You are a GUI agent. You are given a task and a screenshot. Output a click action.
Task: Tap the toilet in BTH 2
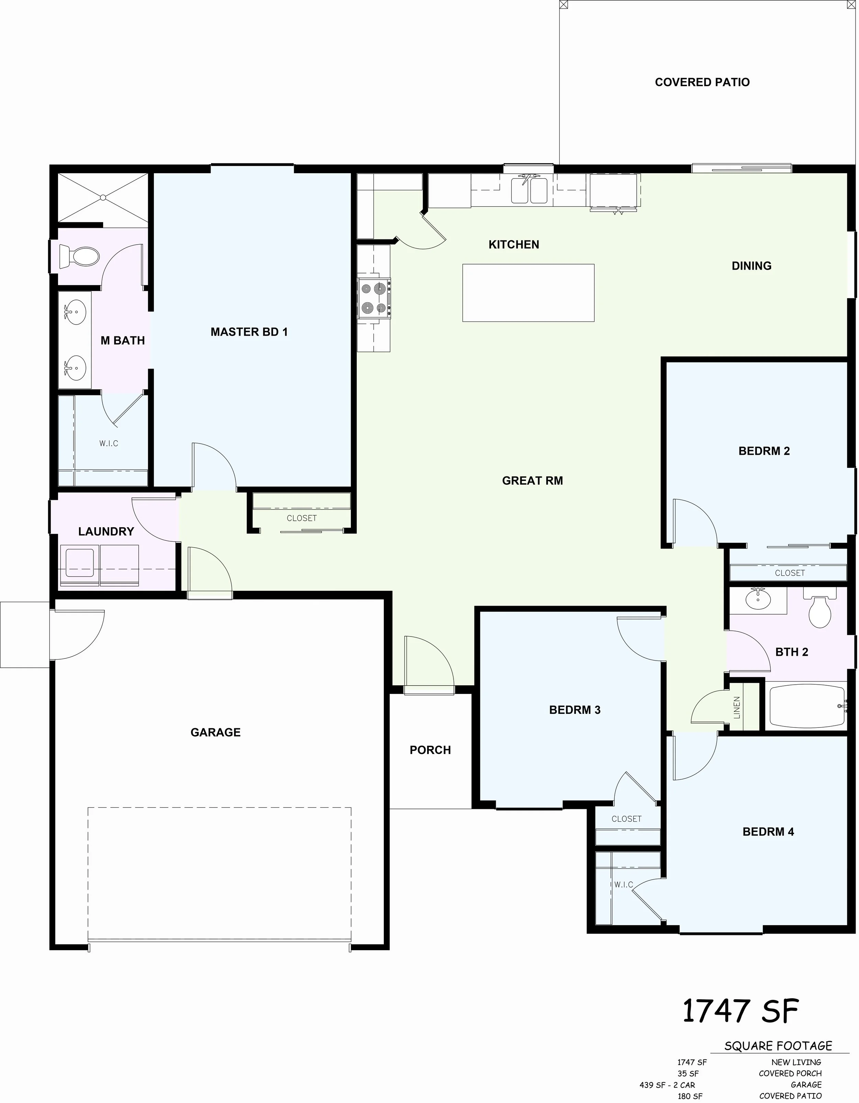tap(819, 609)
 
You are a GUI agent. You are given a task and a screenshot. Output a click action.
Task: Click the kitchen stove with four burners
tap(374, 299)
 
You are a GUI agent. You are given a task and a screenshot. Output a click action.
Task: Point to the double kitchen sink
tap(528, 190)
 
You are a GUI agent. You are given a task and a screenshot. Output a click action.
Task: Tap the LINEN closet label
tap(737, 707)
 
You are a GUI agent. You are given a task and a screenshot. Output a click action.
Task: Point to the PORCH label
tap(430, 750)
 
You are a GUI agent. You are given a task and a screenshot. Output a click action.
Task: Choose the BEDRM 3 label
tap(574, 710)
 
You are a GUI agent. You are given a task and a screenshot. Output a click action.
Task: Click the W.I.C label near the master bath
tap(109, 443)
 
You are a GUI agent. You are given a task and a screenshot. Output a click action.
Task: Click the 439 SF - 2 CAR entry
tap(667, 1085)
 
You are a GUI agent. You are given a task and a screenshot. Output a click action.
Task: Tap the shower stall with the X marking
tap(103, 198)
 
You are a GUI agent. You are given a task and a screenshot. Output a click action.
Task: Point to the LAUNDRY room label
tap(106, 531)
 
